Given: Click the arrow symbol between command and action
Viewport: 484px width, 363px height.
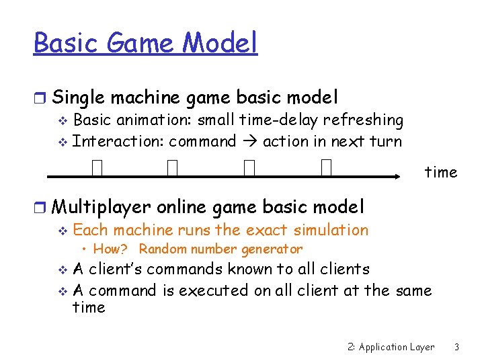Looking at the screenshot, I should coord(249,142).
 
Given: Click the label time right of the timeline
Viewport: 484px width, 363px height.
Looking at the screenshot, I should coord(440,172).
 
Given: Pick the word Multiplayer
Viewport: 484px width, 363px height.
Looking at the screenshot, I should coord(101,206).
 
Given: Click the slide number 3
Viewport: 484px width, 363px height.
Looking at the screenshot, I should coord(456,347).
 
